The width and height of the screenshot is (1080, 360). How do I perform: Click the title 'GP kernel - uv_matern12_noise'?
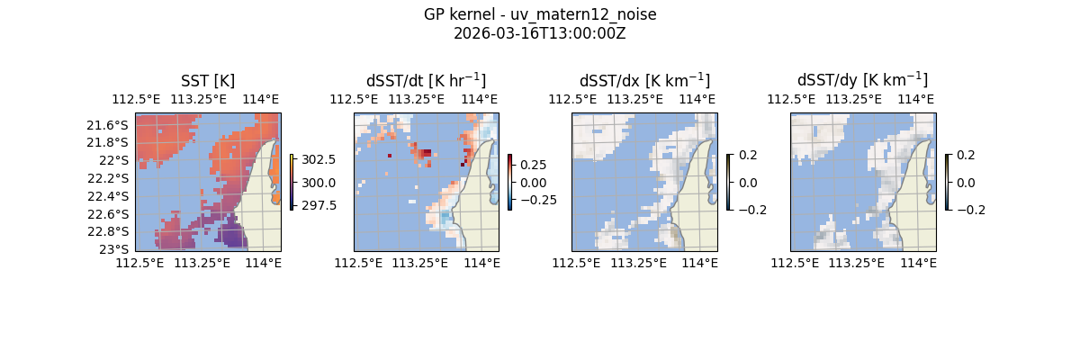(539, 15)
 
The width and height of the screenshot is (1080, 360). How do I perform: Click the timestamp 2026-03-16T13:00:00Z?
(539, 33)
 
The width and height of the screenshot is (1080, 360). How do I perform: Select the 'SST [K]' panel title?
(208, 81)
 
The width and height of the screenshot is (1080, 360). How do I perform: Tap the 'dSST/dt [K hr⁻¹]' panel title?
(426, 80)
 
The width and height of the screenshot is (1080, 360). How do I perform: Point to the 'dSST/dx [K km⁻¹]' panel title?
(644, 80)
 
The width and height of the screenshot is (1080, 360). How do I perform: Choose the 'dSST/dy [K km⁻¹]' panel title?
(862, 80)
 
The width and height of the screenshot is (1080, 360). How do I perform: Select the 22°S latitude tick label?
(115, 160)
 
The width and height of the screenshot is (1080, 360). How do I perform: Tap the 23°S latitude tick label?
(115, 249)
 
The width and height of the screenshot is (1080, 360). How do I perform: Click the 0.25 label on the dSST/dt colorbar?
(534, 166)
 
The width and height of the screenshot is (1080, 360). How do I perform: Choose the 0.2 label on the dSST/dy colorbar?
(966, 155)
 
